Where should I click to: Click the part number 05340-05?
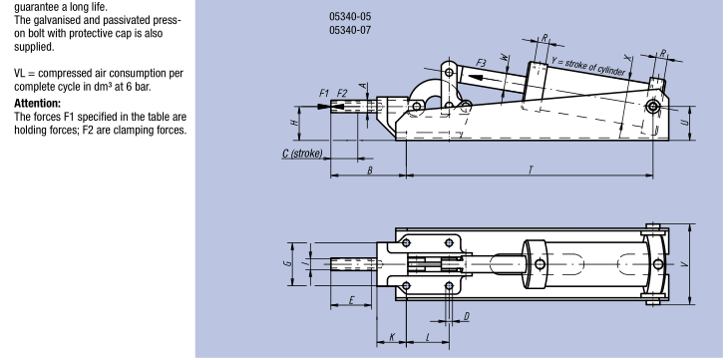350,17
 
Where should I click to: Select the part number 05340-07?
350,30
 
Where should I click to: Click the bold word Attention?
37,103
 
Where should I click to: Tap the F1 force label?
324,94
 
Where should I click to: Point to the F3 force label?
481,63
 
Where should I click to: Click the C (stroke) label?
302,154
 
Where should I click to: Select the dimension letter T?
531,170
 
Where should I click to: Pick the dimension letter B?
370,171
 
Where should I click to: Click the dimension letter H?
294,123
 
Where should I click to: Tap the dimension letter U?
684,123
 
